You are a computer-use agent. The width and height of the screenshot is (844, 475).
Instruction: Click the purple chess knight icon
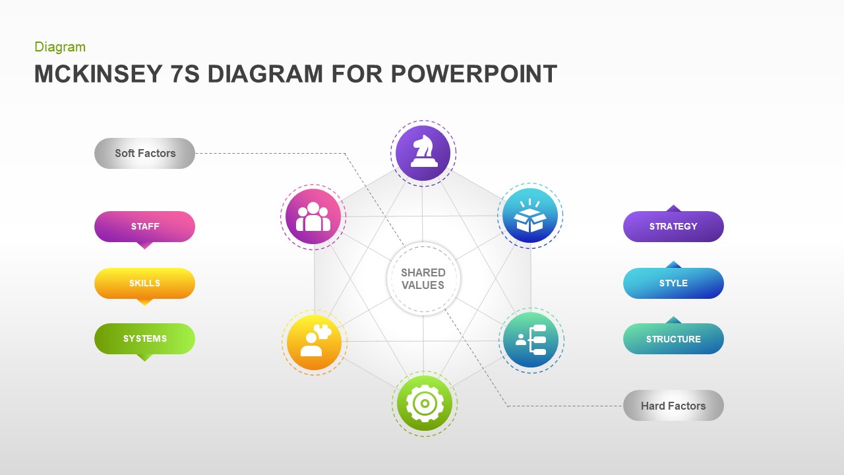423,153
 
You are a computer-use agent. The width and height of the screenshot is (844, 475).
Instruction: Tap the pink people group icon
313,216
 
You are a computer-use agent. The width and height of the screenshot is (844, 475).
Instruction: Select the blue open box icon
530,216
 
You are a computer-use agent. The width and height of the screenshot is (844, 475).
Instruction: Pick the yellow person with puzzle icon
315,342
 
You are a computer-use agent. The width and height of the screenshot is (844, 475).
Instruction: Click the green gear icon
425,403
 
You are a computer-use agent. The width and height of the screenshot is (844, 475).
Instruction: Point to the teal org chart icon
531,340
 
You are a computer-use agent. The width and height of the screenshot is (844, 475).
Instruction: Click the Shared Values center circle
423,279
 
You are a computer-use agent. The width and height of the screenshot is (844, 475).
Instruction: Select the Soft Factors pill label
144,153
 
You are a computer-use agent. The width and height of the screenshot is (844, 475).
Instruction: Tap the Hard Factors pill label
673,406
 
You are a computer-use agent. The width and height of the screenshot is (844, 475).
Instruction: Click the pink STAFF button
144,226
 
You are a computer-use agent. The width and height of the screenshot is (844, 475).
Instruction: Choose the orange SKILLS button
144,283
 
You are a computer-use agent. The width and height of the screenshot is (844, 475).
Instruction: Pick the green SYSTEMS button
144,338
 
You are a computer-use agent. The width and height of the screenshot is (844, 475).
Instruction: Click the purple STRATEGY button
673,226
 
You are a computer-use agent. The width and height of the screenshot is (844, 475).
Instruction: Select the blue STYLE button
673,283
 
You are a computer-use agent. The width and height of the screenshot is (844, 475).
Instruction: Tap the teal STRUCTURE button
673,339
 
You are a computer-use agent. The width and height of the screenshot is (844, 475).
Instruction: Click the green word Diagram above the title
60,47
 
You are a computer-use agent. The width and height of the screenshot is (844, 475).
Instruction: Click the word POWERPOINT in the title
473,74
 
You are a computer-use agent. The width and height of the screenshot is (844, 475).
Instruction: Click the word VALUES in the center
423,286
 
